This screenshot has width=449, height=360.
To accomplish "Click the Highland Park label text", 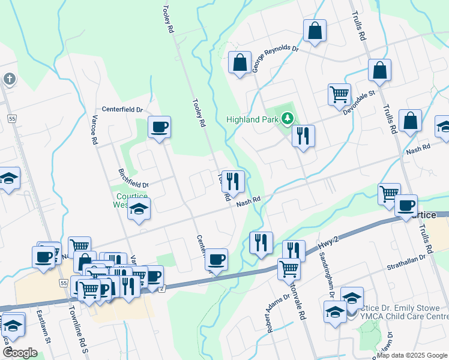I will coord(252,119).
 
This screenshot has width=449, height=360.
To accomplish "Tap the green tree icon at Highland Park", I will coord(288,119).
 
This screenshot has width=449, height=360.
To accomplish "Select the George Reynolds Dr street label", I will coord(275,58).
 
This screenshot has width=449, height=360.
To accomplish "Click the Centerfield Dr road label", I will coord(122,110).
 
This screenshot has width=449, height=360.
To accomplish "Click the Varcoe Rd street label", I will coord(94,131).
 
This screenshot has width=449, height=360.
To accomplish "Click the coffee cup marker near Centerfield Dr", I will coord(159,127).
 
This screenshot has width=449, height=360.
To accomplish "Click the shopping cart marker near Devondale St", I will coord(339,94).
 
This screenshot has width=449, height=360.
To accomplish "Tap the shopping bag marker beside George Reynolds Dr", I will coord(240,62).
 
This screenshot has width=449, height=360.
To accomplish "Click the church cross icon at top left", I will coord(9,79).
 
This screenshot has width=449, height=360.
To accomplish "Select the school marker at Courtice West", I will coord(139,208).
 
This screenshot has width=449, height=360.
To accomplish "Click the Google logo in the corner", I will coord(20,353).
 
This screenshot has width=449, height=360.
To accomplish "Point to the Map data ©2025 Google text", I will coord(412,355).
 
